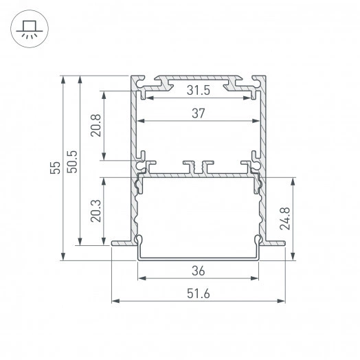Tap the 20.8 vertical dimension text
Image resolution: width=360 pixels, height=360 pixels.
click(95, 126)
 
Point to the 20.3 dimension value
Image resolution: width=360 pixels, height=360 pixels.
click(95, 210)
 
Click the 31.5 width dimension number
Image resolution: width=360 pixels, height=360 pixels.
click(199, 90)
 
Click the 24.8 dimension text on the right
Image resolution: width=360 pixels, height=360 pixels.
click(302, 218)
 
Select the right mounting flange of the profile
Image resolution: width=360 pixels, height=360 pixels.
click(277, 242)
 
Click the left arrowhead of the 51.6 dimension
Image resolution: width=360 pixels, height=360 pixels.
click(115, 301)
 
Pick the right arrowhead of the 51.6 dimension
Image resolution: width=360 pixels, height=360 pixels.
click(282, 301)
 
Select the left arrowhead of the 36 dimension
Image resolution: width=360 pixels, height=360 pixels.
click(142, 278)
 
